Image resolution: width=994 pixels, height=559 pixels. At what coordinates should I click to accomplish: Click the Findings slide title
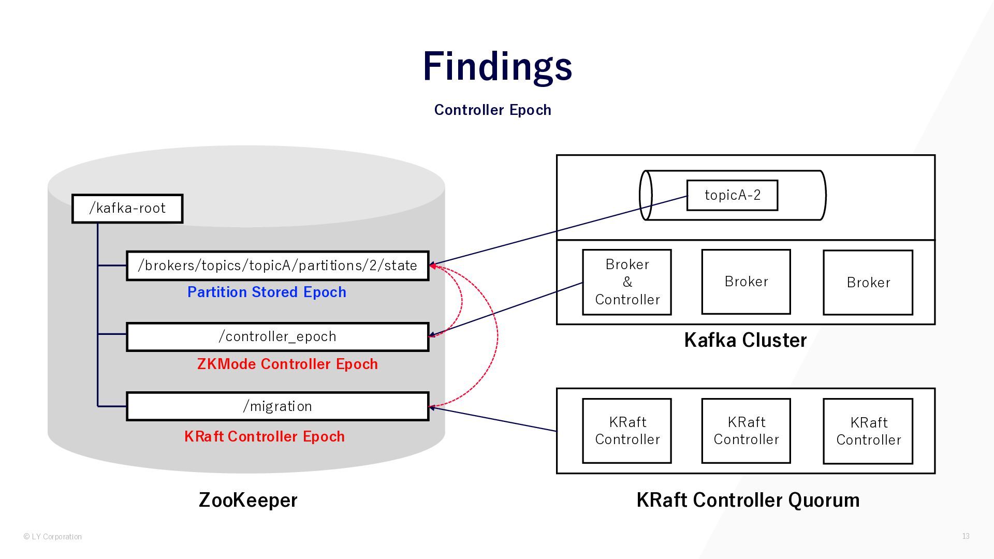[x=497, y=66]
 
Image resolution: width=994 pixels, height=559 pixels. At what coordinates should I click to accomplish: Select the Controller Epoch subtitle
[x=492, y=110]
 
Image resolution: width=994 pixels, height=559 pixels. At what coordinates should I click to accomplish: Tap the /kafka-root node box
[x=127, y=209]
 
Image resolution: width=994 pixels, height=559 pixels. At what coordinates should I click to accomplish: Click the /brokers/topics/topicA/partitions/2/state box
[x=277, y=266]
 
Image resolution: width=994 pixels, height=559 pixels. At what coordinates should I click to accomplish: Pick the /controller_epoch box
[x=277, y=336]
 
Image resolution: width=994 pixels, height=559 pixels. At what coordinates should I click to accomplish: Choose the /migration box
[x=277, y=406]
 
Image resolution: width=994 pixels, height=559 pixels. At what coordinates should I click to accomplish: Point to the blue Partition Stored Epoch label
[x=267, y=292]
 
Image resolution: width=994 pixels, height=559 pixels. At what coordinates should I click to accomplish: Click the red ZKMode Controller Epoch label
[x=287, y=364]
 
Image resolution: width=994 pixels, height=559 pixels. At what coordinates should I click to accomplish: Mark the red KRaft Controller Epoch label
[x=265, y=436]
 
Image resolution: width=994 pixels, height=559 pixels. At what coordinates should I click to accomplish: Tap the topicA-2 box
[x=732, y=195]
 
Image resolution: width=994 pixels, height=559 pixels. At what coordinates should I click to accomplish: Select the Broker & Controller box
[x=627, y=282]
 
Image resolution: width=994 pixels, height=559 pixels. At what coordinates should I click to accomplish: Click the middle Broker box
[x=746, y=282]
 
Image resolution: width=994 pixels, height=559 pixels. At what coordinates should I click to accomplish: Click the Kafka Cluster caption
[x=745, y=340]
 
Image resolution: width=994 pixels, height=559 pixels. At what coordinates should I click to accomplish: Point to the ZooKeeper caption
[x=248, y=500]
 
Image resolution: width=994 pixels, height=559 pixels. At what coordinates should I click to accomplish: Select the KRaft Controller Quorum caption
[x=748, y=500]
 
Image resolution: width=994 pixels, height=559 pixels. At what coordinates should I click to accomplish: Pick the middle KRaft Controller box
[x=746, y=431]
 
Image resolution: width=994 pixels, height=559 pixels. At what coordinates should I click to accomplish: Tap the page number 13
[x=966, y=536]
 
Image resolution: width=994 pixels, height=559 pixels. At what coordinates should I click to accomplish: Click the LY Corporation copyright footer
[x=53, y=537]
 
